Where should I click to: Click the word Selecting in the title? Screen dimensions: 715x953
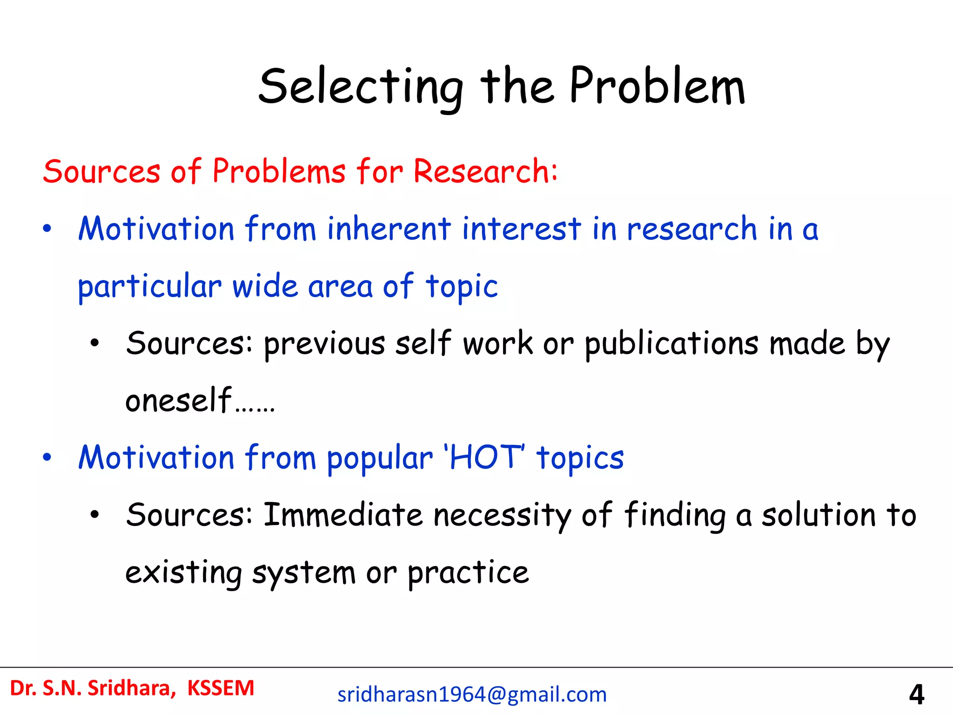361,88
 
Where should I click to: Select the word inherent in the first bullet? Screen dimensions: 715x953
389,229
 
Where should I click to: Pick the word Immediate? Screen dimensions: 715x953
343,515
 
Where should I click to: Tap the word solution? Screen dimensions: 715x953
819,515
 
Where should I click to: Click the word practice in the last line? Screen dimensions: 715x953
468,573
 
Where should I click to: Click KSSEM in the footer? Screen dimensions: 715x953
221,688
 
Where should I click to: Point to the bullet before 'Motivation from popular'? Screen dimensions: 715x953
47,458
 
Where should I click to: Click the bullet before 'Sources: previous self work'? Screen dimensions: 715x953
95,344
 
